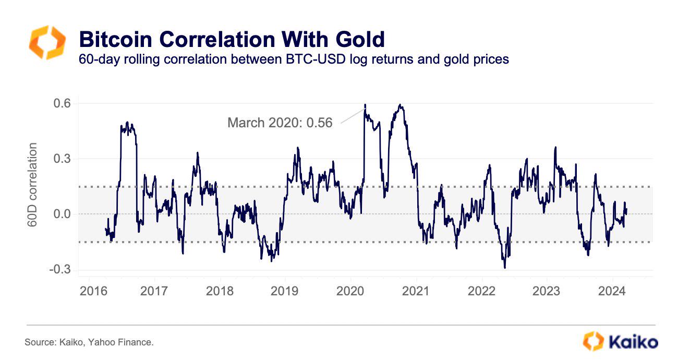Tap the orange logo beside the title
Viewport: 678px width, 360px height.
[47, 43]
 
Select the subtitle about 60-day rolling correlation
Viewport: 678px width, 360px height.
[293, 59]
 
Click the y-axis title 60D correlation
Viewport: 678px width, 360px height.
[33, 185]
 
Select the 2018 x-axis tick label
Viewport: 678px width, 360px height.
[220, 291]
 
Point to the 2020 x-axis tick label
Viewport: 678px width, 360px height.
[350, 291]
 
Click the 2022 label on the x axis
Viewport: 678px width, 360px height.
[481, 291]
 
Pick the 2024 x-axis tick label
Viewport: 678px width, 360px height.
[612, 291]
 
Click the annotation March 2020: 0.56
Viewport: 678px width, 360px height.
[280, 123]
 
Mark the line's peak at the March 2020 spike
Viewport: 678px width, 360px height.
[365, 104]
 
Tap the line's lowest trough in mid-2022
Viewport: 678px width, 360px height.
[504, 268]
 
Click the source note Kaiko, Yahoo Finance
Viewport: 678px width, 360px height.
[89, 343]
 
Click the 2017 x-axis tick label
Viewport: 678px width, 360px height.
[154, 291]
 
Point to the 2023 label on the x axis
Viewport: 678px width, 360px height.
[547, 291]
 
